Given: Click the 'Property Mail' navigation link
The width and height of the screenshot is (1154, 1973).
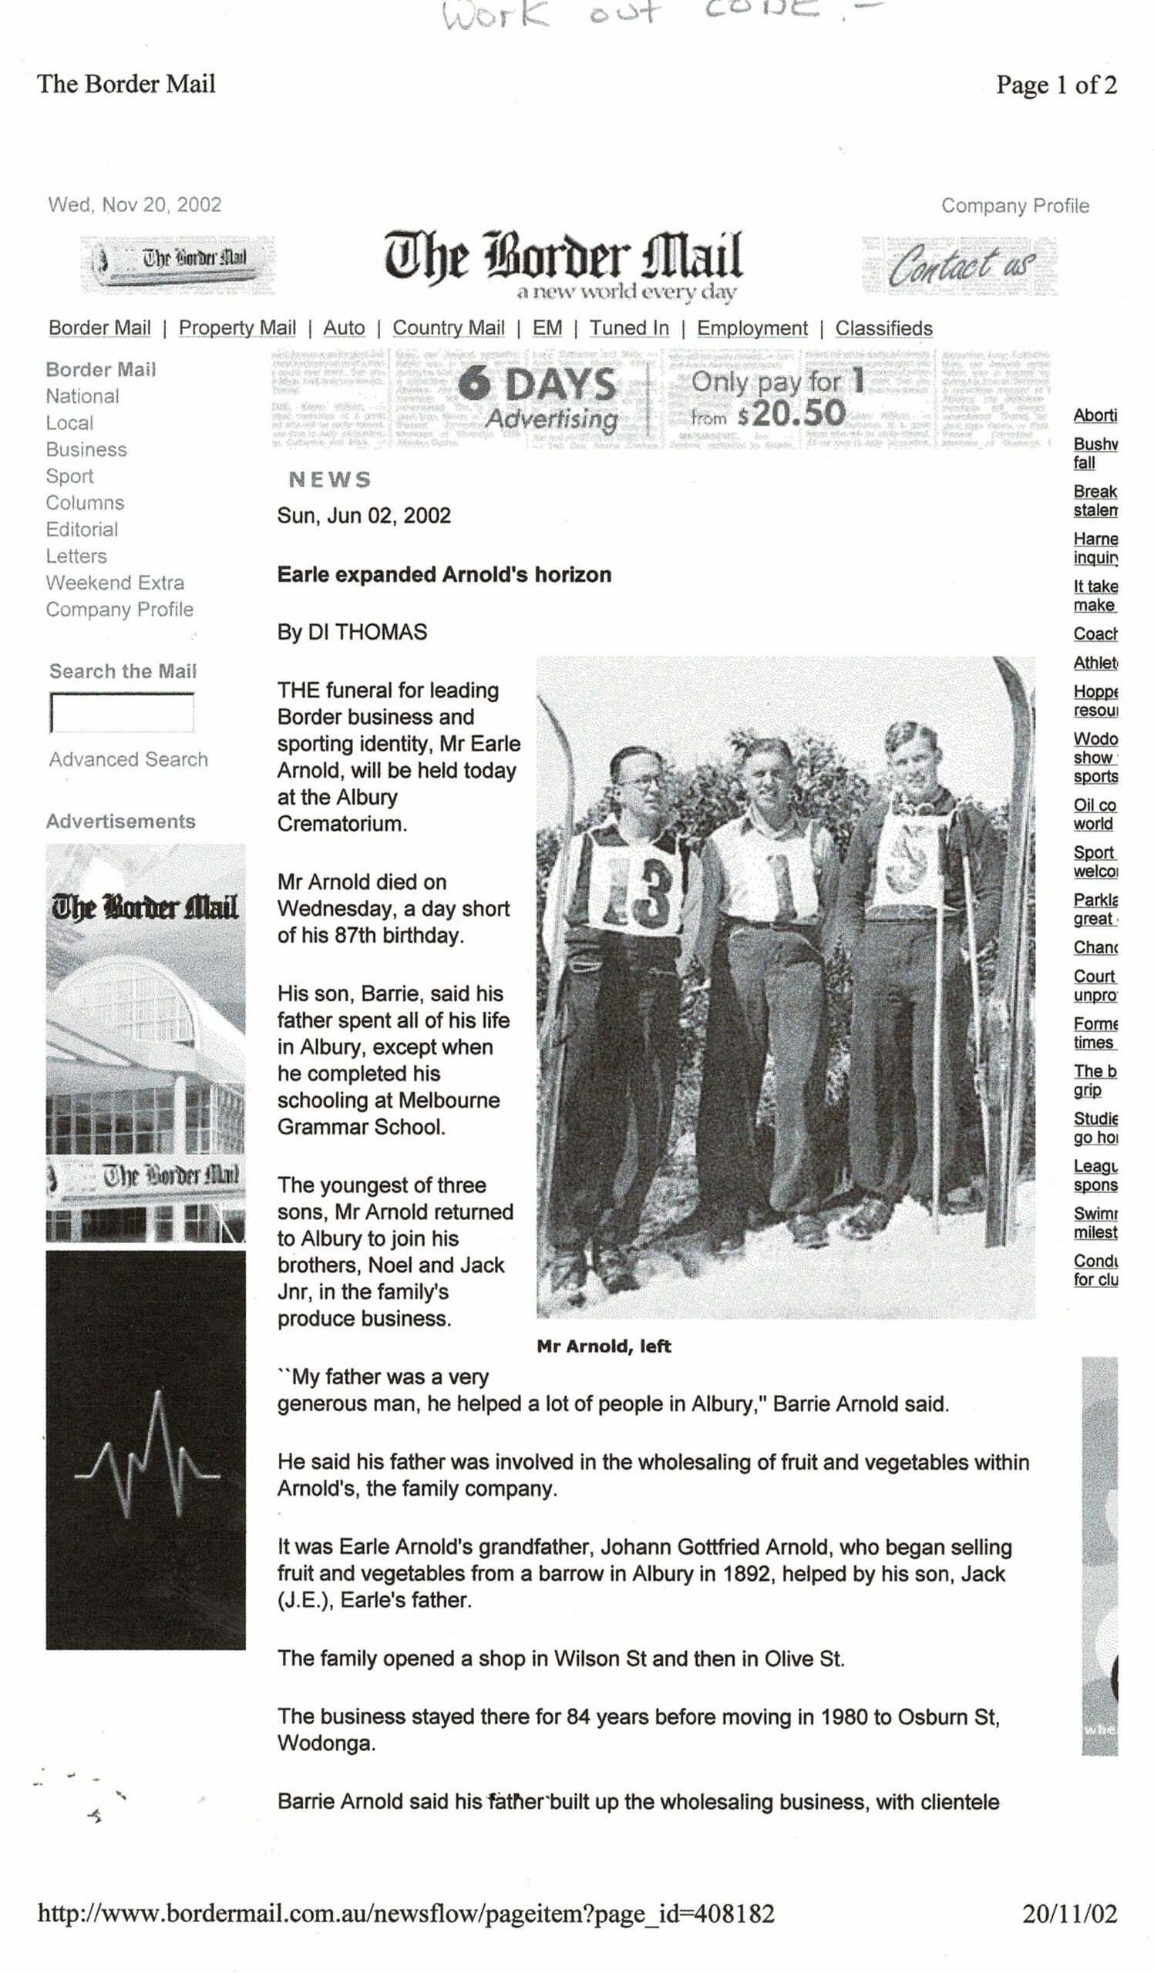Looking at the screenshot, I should coord(237,328).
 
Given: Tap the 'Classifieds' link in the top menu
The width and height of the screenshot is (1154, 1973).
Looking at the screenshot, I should coord(883,328).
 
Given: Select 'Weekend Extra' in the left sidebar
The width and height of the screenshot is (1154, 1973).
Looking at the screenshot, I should coord(115,583).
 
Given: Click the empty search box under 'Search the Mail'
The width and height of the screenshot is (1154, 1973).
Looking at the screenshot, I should coord(121,712).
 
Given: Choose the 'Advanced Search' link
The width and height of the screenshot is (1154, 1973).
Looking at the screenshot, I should coord(129,758).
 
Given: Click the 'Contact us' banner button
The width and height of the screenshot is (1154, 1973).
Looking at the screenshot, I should coord(959,266).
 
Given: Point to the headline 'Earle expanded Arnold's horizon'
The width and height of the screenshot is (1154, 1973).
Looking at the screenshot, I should coord(444,575).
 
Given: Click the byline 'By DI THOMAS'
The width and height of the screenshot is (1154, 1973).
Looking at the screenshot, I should coord(352,632).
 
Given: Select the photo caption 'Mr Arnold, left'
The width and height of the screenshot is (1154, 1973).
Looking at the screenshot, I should coord(604,1346).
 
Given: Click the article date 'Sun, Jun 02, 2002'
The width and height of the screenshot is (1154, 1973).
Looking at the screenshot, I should coord(363,516).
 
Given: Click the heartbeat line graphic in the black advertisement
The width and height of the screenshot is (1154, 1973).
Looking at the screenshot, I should coord(146,1457).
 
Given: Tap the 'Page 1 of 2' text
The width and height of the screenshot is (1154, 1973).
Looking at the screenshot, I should coord(1055,85).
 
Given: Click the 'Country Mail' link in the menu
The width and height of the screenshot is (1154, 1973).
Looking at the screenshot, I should coord(448,328).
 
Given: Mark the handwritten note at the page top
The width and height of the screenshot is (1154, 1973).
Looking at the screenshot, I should coord(658,14).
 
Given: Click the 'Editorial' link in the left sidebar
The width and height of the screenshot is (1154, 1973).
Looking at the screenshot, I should coord(82,529).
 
